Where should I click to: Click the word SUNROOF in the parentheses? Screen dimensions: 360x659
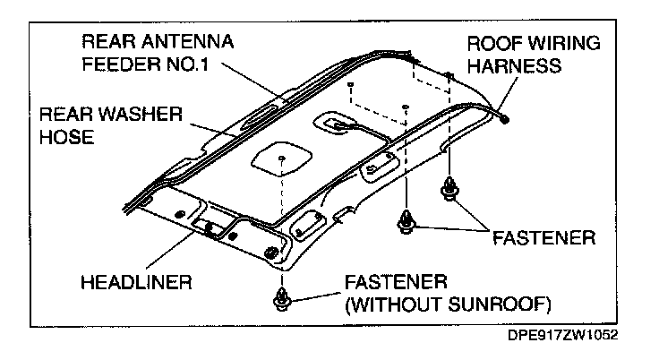click(x=492, y=303)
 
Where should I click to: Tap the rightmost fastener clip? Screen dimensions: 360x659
click(x=449, y=191)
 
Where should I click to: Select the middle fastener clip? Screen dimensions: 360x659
click(x=408, y=219)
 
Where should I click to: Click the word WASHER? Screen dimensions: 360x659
click(x=138, y=115)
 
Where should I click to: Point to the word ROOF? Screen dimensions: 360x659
click(x=493, y=42)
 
